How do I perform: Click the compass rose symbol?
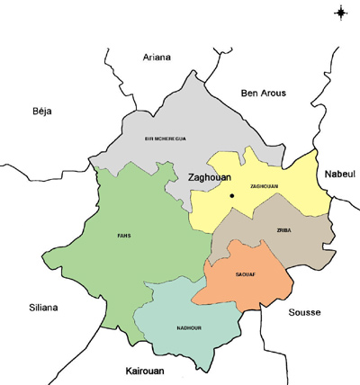tap(341, 12)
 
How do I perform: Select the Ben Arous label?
tap(263, 93)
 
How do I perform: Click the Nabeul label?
tap(341, 173)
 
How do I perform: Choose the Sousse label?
tap(303, 312)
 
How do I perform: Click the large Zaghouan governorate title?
tap(211, 178)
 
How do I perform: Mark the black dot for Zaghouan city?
tap(231, 195)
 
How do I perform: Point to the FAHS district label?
tap(124, 236)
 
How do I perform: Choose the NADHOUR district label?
tap(188, 327)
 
